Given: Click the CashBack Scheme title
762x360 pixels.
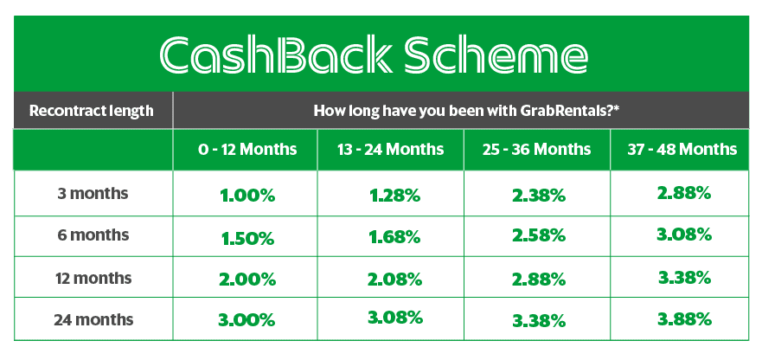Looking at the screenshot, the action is click(374, 55).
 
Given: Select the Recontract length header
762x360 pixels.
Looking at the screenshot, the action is click(92, 111).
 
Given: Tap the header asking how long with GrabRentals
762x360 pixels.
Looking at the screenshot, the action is click(460, 111).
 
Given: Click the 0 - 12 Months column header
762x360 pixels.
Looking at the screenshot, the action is click(247, 149).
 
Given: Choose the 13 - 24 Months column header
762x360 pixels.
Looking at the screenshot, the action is click(390, 149).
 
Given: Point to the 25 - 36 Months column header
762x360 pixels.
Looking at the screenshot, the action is click(536, 149).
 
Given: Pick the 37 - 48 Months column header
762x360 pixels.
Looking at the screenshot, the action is click(682, 149).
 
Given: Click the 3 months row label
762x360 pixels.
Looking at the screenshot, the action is click(93, 194).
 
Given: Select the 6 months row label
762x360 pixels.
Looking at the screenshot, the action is click(93, 235).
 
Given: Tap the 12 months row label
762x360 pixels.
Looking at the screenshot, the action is click(93, 279).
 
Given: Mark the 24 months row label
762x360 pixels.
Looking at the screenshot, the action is click(93, 320).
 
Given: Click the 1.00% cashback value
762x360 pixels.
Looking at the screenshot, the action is click(248, 196).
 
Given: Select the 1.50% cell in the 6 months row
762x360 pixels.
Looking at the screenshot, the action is click(248, 238).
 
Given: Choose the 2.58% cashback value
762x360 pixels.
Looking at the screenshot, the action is click(539, 236).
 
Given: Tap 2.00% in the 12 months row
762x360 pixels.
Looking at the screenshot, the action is click(248, 280).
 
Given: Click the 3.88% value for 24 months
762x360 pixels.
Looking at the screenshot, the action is click(685, 319).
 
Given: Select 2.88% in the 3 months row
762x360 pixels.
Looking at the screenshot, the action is click(684, 194).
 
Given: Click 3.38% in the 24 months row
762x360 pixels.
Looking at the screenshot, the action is click(539, 321).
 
